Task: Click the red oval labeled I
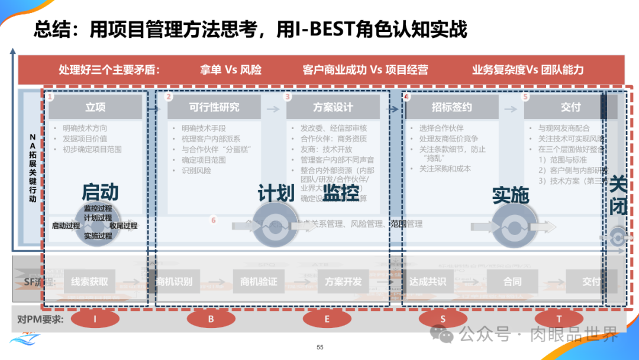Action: pos(95,319)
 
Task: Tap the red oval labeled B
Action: pos(211,319)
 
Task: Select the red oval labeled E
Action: pos(327,319)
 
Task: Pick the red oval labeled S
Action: pos(443,319)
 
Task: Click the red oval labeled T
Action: pos(559,319)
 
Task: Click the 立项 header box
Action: pos(95,107)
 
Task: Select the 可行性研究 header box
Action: pos(214,107)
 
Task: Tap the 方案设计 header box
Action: pos(333,107)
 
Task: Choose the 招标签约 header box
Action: pos(451,107)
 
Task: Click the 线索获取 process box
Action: pos(90,282)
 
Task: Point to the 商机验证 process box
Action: pos(259,282)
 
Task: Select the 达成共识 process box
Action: pos(427,282)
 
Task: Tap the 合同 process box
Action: pos(512,282)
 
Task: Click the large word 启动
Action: pos(100,192)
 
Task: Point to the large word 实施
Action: pos(511,194)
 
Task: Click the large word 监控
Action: pos(341,193)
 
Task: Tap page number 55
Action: pos(320,348)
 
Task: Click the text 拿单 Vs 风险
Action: pos(231,70)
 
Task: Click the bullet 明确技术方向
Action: pos(85,128)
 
